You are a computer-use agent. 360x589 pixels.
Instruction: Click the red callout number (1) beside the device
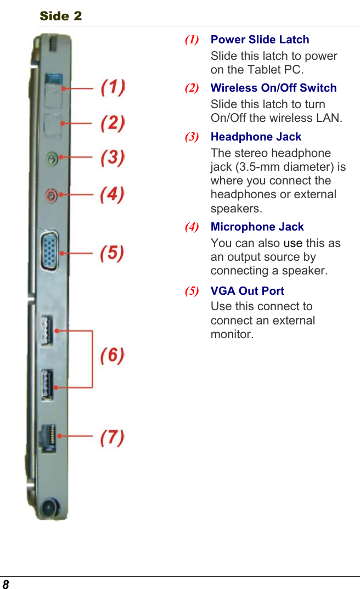coord(113,87)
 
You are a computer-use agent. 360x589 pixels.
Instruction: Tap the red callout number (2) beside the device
coord(113,123)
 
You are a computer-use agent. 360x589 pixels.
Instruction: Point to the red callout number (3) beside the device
coord(113,158)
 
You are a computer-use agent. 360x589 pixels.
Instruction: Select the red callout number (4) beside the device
coord(113,194)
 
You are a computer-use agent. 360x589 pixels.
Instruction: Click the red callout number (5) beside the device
coord(113,253)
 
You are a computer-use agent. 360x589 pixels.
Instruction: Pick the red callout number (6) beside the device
coord(113,356)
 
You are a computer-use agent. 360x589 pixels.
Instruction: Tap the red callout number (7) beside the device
coord(113,437)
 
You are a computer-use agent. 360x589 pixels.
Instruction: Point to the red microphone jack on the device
coord(51,194)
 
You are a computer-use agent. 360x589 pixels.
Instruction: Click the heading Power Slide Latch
coord(260,40)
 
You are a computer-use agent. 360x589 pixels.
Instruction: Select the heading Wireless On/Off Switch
coord(273,88)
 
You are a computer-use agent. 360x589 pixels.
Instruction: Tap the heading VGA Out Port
coord(248,291)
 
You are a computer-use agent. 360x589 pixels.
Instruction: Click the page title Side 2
coord(60,16)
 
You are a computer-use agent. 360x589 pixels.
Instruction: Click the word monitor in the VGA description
coord(232,334)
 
